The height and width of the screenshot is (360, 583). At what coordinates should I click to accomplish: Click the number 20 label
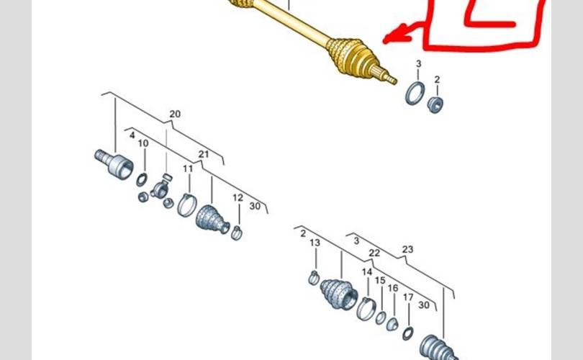tap(176, 114)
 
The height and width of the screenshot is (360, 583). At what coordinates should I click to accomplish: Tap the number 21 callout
tap(204, 154)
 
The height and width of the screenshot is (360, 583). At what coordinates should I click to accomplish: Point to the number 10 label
tap(143, 143)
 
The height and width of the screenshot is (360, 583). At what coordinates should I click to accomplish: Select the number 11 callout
tap(187, 169)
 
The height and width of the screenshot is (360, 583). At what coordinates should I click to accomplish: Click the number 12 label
tap(238, 198)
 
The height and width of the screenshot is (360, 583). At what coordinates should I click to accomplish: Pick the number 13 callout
tap(315, 243)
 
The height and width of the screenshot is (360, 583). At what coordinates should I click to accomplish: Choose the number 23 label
tap(408, 250)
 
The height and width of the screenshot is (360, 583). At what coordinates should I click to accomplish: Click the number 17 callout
tap(408, 297)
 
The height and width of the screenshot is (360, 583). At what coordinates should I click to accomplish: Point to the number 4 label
tap(132, 135)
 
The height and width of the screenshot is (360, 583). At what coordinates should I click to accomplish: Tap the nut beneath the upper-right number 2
tap(435, 104)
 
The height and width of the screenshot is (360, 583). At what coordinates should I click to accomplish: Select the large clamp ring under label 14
tap(367, 308)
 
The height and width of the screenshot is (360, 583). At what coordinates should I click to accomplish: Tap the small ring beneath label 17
tap(407, 332)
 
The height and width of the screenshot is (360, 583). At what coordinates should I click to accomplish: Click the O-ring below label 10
tap(143, 179)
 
